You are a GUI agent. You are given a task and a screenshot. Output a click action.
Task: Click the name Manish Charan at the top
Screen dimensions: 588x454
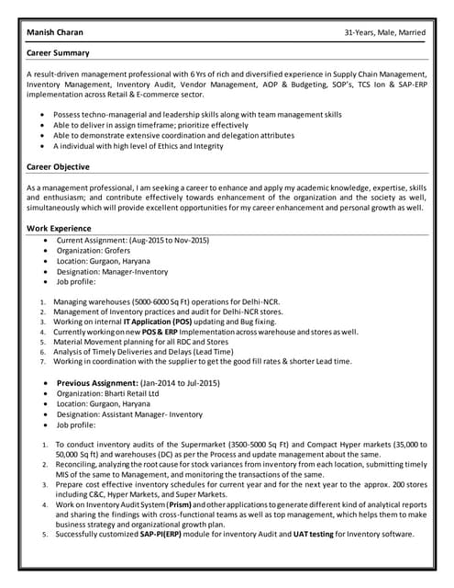(x=55, y=32)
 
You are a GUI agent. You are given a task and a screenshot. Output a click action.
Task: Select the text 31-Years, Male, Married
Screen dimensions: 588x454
(x=384, y=32)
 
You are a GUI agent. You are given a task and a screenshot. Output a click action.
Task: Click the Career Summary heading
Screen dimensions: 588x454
(x=58, y=53)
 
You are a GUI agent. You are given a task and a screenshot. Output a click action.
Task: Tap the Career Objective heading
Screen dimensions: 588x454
(x=58, y=167)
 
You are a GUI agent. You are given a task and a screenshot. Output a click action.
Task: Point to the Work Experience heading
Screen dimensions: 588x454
(x=59, y=227)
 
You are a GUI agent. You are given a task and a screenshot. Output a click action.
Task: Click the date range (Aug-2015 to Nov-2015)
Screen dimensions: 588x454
(x=164, y=240)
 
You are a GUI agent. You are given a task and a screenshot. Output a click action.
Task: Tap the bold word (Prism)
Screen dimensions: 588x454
(x=180, y=504)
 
